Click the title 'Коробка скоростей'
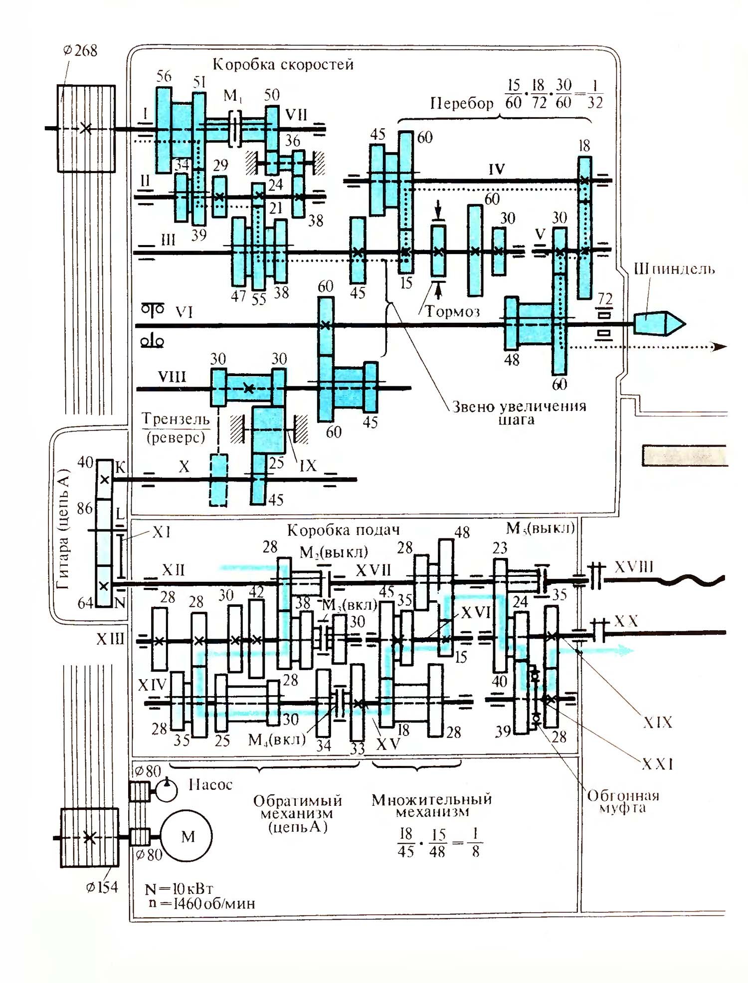pos(283,64)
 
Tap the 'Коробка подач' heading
pos(343,530)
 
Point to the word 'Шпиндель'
pos(674,269)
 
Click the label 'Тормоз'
pos(452,312)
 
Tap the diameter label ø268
pos(80,50)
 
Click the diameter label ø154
pos(102,887)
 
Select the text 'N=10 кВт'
pos(179,889)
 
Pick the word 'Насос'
pos(210,785)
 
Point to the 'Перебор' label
pos(462,103)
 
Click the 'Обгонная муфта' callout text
pos(623,802)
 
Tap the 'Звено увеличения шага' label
pos(519,413)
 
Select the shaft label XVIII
pos(634,567)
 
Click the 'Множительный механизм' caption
pos(432,805)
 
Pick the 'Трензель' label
pos(176,419)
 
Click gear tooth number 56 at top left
pos(164,76)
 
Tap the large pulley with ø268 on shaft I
pos(86,129)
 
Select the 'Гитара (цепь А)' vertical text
pos(63,529)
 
